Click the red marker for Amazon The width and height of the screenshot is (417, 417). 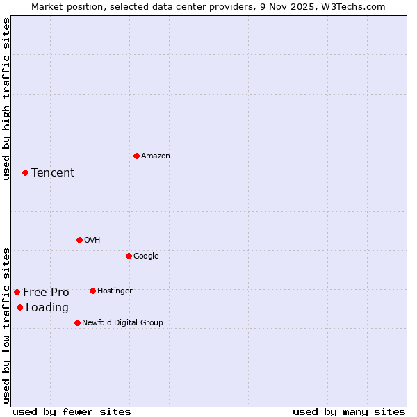tap(136, 156)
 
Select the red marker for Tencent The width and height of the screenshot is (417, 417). tap(25, 172)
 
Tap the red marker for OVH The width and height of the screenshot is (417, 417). tap(79, 240)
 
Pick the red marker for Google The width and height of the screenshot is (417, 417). tap(129, 256)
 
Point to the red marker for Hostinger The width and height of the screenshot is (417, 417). tap(92, 291)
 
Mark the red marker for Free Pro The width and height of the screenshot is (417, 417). tap(17, 292)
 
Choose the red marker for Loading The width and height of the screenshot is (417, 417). tap(19, 307)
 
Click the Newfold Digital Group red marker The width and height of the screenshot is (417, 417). tap(77, 322)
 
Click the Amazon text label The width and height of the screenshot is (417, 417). tap(156, 156)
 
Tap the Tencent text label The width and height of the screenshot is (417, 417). tap(53, 173)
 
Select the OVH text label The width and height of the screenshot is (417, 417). tap(92, 240)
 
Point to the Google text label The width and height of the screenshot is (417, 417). tap(146, 256)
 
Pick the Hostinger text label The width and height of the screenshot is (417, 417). tap(115, 291)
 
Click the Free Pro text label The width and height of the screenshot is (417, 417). tap(46, 293)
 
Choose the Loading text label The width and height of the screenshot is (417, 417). tap(47, 308)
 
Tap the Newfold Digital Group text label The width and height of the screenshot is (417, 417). tap(122, 323)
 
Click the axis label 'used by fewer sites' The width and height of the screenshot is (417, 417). tap(72, 411)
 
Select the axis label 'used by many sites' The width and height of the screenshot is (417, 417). tap(349, 411)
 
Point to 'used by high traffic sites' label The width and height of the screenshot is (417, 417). tap(6, 99)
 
